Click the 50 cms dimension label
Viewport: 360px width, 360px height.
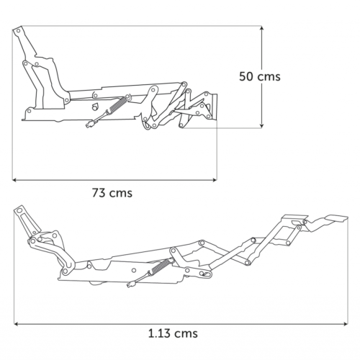(x=260, y=76)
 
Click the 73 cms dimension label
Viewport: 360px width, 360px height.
(x=112, y=193)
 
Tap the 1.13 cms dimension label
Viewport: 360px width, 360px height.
(x=173, y=333)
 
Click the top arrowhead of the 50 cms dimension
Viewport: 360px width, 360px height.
(x=262, y=28)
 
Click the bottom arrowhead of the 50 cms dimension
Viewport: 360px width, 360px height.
(x=262, y=126)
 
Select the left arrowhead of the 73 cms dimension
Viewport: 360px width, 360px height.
(x=14, y=179)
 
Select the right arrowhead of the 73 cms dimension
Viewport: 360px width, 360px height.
(x=215, y=179)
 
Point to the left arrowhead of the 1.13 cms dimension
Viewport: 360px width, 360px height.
(x=17, y=324)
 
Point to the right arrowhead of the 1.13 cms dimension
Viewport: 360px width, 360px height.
(x=346, y=324)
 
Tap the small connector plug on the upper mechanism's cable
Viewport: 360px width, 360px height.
(x=90, y=125)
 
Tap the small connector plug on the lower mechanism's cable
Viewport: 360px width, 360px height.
(x=130, y=285)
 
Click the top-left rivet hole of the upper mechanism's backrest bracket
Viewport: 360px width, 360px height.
(x=18, y=31)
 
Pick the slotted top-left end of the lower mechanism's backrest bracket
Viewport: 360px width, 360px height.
(x=19, y=211)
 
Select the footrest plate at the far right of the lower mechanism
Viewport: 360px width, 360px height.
(x=336, y=218)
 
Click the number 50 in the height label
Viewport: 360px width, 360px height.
(x=246, y=76)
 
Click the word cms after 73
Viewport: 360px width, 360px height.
(x=121, y=194)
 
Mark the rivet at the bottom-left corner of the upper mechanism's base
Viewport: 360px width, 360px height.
(x=30, y=111)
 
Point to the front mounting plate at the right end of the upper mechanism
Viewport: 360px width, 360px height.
(x=213, y=107)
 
